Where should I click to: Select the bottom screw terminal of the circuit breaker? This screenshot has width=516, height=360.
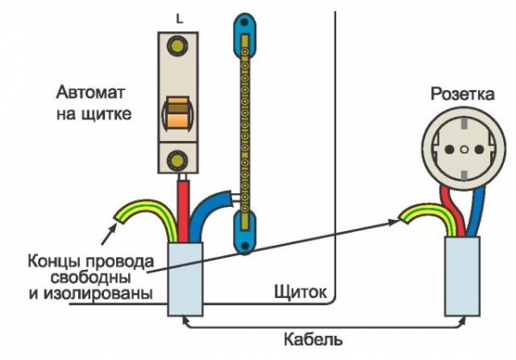coord(179,160)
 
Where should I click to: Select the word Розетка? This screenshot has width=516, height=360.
coord(462,93)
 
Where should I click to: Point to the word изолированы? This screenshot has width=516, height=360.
coord(85,294)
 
